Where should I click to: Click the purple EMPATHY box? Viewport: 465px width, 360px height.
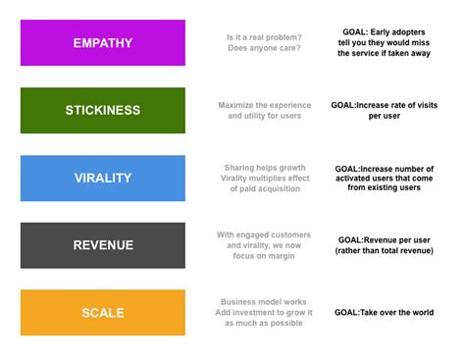[x=103, y=43]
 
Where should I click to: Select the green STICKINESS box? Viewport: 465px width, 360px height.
[x=103, y=111]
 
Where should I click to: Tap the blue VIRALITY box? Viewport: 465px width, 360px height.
[x=103, y=179]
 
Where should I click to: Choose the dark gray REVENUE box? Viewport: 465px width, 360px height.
[x=103, y=245]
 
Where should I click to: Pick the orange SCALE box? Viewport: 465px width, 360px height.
[x=103, y=313]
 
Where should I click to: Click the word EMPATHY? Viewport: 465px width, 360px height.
[x=103, y=43]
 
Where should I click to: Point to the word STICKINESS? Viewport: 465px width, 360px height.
[x=103, y=110]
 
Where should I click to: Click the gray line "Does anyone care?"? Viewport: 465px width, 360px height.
[x=264, y=48]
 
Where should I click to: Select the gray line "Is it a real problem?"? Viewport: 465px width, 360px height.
[x=264, y=37]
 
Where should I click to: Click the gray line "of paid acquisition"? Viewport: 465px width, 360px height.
[x=265, y=188]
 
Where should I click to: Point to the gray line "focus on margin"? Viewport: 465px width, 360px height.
[x=264, y=256]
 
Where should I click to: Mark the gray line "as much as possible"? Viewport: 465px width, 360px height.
[x=264, y=323]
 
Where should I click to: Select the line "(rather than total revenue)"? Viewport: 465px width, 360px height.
[x=385, y=251]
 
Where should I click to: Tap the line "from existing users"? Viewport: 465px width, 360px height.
[x=384, y=187]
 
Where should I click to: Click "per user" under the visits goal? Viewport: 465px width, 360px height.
[x=385, y=116]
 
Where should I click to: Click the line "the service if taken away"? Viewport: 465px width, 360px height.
[x=384, y=53]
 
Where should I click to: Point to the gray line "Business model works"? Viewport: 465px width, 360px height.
[x=264, y=302]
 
